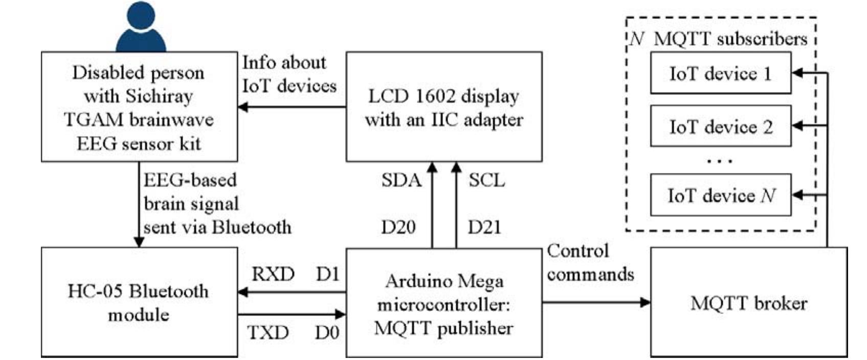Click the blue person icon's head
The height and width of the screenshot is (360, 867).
(141, 16)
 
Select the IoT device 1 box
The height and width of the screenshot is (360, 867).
(720, 73)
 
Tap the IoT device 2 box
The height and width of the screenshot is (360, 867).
(720, 126)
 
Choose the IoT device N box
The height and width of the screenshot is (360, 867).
(720, 195)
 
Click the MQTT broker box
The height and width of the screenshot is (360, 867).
(748, 303)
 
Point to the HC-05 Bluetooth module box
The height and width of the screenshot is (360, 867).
(139, 303)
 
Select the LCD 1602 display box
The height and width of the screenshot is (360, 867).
(443, 107)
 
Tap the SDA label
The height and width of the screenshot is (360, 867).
(401, 181)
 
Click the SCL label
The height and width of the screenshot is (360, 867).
(486, 181)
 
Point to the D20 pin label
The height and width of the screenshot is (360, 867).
(398, 227)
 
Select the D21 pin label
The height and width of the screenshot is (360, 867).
(484, 227)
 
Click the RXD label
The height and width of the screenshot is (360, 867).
(273, 275)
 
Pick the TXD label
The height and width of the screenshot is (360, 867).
(268, 333)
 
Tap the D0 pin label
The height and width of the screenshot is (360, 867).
(327, 333)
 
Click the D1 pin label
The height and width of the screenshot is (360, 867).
(327, 275)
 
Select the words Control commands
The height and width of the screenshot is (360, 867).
(590, 263)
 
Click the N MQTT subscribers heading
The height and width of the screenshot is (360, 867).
(718, 39)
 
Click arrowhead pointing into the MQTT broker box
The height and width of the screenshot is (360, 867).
(646, 302)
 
